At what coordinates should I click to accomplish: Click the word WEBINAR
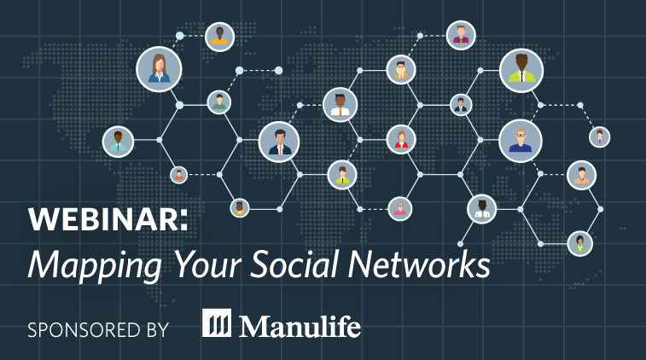tap(104, 219)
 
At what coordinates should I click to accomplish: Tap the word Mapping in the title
tap(95, 265)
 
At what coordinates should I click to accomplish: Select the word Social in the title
tap(294, 264)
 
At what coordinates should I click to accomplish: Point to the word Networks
tap(419, 264)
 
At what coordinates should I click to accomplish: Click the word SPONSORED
tap(79, 330)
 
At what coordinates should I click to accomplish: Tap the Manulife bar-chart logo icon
tap(216, 323)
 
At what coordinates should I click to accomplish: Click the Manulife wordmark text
tap(300, 326)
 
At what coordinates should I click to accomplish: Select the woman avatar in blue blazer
tap(159, 69)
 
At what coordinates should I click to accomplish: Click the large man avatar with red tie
tap(279, 142)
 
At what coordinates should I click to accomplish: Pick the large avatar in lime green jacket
tap(521, 71)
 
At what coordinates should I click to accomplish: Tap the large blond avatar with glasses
tap(521, 141)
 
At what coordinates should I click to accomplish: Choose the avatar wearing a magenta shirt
tap(461, 36)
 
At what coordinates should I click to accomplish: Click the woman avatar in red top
tap(401, 140)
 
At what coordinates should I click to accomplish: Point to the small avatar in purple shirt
tap(599, 136)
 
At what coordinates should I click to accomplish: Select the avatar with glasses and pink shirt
tap(400, 208)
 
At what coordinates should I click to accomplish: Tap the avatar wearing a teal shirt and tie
tap(119, 142)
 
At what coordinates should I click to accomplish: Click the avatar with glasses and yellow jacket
tap(401, 70)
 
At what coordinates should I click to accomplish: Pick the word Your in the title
tap(207, 264)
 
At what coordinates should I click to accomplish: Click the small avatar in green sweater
tap(218, 102)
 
